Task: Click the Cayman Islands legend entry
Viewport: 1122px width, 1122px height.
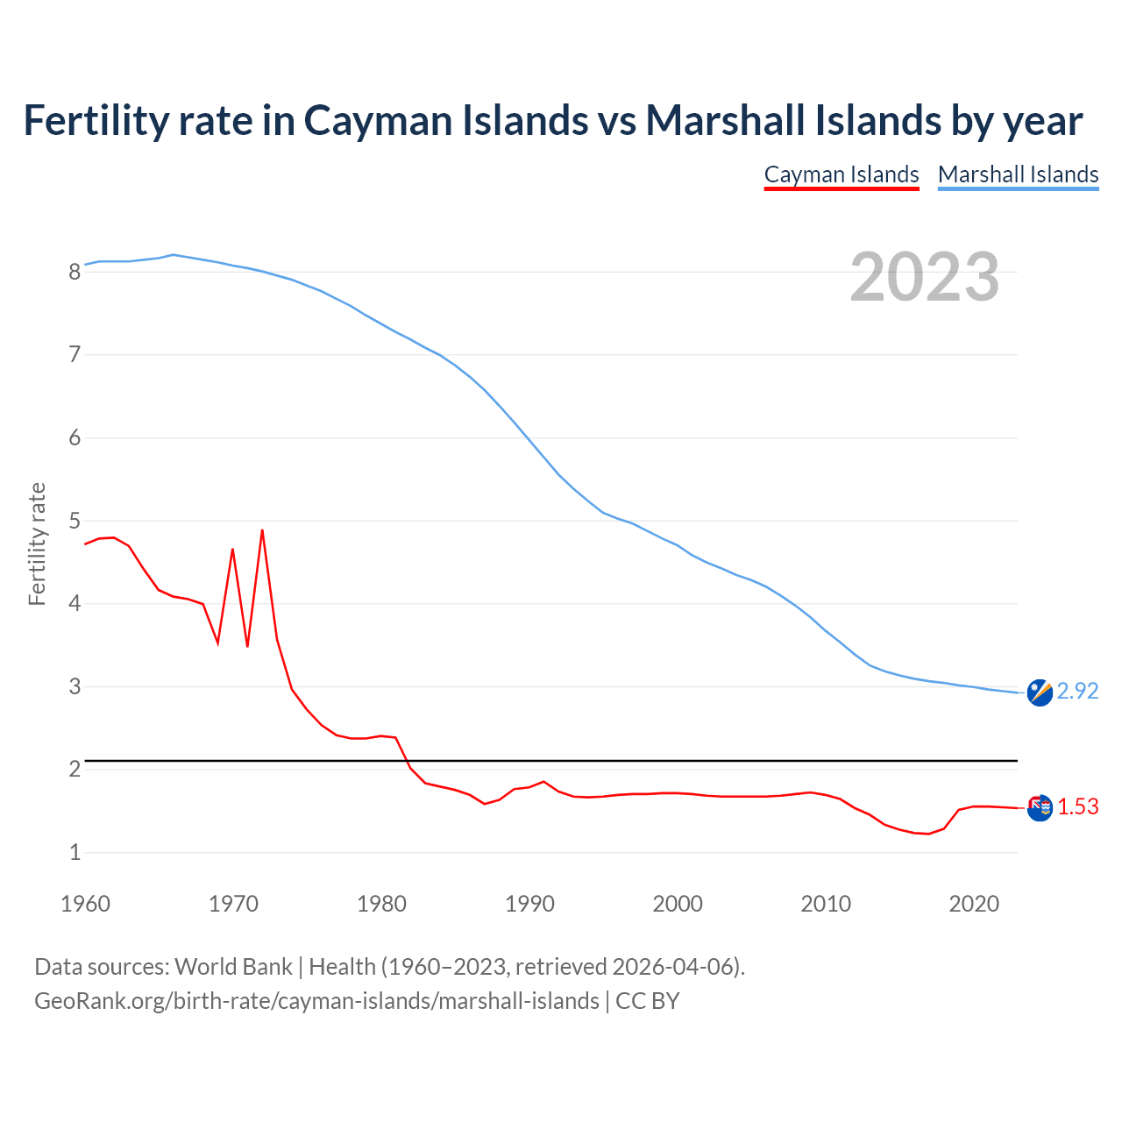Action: (x=841, y=174)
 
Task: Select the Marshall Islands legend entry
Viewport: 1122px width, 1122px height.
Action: (x=1018, y=174)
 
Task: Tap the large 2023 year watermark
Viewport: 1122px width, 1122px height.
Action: (x=925, y=277)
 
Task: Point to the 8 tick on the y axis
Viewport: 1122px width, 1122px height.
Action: (x=75, y=272)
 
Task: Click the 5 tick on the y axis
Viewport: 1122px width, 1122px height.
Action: (x=75, y=522)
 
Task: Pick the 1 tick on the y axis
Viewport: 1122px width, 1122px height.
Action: (x=75, y=852)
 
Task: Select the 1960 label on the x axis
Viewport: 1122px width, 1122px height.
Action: (x=85, y=904)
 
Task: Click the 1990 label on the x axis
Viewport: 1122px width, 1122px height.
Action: (x=529, y=904)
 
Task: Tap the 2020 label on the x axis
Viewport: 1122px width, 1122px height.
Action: (x=974, y=904)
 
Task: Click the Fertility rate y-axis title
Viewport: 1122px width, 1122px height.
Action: (x=37, y=543)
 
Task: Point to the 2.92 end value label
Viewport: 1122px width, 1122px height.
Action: (x=1077, y=692)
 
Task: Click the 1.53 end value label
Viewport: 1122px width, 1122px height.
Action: (x=1077, y=807)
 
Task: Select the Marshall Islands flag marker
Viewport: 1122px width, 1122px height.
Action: (x=1040, y=692)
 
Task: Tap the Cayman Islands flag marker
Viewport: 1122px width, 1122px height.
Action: (x=1040, y=808)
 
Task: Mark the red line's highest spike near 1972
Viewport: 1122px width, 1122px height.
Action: (x=262, y=530)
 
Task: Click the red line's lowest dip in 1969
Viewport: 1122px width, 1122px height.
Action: (x=217, y=643)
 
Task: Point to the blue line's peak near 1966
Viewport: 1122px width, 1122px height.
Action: (x=174, y=254)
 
